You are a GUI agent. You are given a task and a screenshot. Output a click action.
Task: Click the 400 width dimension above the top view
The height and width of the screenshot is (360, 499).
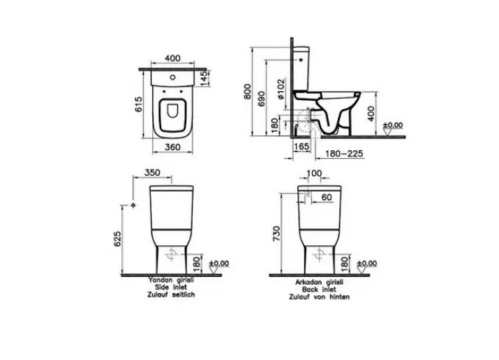[x=172, y=58]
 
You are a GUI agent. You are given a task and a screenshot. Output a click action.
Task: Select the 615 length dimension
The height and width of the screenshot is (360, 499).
[x=139, y=105]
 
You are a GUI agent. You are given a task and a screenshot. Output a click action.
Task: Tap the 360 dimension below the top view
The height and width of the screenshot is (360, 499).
[x=173, y=147]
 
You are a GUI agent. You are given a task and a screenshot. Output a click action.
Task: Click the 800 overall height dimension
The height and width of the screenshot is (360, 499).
[x=248, y=91]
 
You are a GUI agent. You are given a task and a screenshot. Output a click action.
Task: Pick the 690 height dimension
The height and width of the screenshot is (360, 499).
[x=261, y=99]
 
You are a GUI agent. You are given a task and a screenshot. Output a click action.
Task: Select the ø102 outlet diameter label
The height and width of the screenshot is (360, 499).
[x=280, y=90]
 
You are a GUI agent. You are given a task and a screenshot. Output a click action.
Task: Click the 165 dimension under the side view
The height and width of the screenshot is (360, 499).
[x=301, y=146]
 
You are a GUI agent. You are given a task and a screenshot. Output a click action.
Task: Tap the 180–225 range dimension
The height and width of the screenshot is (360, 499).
[x=344, y=154]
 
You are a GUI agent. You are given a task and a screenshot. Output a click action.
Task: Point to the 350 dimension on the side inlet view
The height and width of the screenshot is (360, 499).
[x=152, y=172]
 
